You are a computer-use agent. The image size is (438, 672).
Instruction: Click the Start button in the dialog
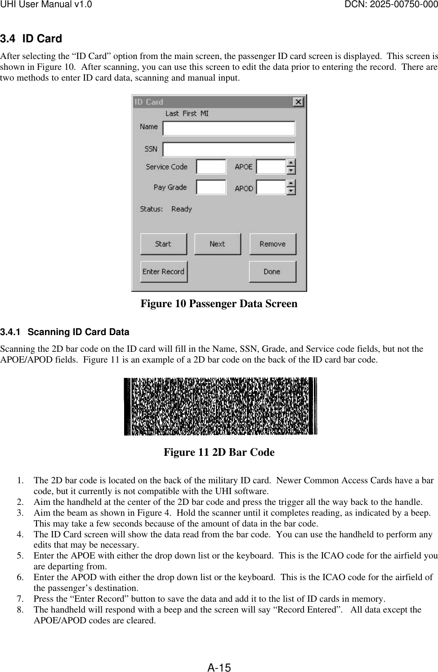pyautogui.click(x=163, y=244)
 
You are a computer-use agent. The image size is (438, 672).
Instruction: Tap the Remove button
pyautogui.click(x=273, y=244)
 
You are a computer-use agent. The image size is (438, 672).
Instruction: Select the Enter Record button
pyautogui.click(x=164, y=272)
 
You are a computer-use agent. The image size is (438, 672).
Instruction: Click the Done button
pyautogui.click(x=272, y=272)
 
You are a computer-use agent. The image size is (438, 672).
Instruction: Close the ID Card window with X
pyautogui.click(x=298, y=102)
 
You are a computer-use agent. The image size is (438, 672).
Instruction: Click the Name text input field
pyautogui.click(x=229, y=128)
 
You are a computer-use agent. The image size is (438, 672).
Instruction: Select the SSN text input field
pyautogui.click(x=229, y=149)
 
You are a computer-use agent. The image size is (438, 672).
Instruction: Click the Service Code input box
pyautogui.click(x=211, y=167)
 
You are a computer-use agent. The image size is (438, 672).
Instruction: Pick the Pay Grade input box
pyautogui.click(x=211, y=187)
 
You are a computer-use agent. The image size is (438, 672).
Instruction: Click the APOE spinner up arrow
pyautogui.click(x=291, y=163)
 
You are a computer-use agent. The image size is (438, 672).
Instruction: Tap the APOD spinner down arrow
pyautogui.click(x=291, y=191)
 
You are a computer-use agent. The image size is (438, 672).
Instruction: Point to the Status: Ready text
pyautogui.click(x=166, y=209)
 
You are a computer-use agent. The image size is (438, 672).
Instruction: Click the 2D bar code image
pyautogui.click(x=220, y=406)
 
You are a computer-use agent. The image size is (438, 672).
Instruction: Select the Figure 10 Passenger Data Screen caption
pyautogui.click(x=219, y=304)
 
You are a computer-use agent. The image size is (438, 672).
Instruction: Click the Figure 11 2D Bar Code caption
pyautogui.click(x=219, y=452)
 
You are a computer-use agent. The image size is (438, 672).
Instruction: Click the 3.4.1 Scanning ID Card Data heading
pyautogui.click(x=65, y=332)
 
